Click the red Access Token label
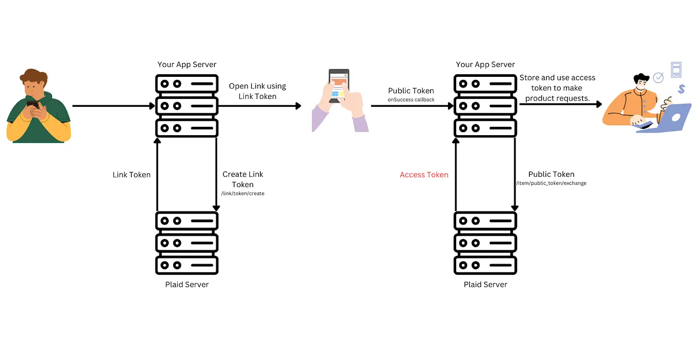coord(424,175)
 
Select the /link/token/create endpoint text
coord(242,193)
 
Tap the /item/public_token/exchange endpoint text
coord(551,183)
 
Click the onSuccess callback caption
coord(411,100)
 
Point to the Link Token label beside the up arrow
coord(131,175)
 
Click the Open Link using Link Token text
coord(257,91)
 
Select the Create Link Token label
coord(243,179)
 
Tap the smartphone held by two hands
coord(339,86)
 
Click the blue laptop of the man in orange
coord(670,118)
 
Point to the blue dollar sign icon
coord(681,89)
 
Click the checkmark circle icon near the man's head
coord(658,78)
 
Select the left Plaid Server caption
coord(187,284)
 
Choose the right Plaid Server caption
coord(485,284)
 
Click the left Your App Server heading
coord(187,64)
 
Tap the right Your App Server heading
coord(485,64)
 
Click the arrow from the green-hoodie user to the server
coord(113,106)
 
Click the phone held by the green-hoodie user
coord(32,105)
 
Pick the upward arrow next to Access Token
coord(455,175)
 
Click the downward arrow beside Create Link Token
coord(216,175)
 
